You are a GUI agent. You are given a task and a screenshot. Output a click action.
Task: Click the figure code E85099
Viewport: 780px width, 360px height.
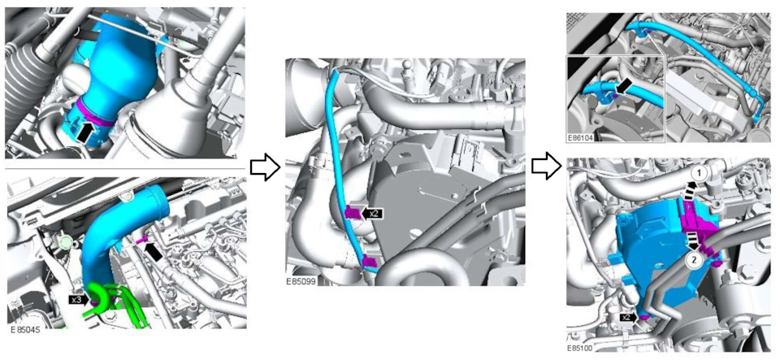click(301, 281)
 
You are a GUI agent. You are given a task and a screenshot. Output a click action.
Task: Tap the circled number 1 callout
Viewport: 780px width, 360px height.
click(700, 174)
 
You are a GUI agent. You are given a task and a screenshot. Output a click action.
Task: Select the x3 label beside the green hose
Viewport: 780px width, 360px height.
click(78, 300)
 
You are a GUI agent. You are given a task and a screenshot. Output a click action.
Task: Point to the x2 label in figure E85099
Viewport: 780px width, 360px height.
click(373, 213)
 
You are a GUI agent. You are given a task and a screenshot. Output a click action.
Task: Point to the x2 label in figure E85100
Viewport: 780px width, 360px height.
click(628, 317)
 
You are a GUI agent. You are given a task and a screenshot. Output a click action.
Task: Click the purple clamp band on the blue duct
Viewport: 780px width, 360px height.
click(96, 116)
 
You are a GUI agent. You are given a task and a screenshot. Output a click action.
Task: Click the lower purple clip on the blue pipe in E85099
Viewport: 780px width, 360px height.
click(369, 260)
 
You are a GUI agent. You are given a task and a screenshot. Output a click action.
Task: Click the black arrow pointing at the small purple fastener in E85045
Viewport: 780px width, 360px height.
click(154, 250)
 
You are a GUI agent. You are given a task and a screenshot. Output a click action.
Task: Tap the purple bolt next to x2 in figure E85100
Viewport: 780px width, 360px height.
click(644, 317)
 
